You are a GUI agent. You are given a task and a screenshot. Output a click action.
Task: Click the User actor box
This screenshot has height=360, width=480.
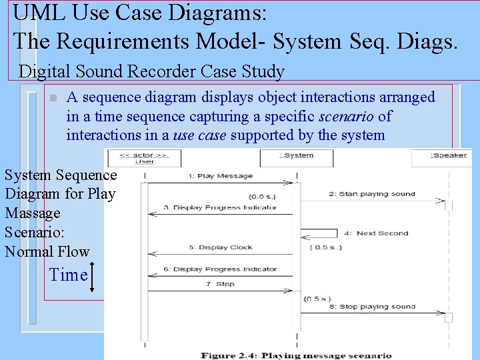click(x=144, y=158)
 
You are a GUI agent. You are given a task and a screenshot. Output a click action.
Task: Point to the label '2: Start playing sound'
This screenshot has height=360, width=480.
click(x=371, y=194)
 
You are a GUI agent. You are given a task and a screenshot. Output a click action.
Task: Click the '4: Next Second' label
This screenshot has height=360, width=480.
click(x=382, y=233)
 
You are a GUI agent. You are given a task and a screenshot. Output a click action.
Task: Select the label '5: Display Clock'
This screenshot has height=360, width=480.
click(x=221, y=247)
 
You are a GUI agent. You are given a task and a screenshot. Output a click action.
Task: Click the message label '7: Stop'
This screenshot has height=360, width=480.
click(x=221, y=284)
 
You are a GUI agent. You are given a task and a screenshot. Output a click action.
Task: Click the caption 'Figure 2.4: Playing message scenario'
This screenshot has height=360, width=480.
click(x=297, y=355)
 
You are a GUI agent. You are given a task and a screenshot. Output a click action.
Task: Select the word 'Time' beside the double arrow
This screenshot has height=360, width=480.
click(x=69, y=275)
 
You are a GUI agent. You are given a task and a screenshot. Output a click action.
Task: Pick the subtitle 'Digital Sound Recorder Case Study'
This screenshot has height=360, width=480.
click(x=151, y=72)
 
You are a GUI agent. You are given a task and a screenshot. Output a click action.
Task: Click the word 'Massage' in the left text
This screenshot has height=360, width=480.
click(x=33, y=213)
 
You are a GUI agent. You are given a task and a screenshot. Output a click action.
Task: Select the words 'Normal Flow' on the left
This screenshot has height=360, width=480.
click(x=47, y=251)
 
